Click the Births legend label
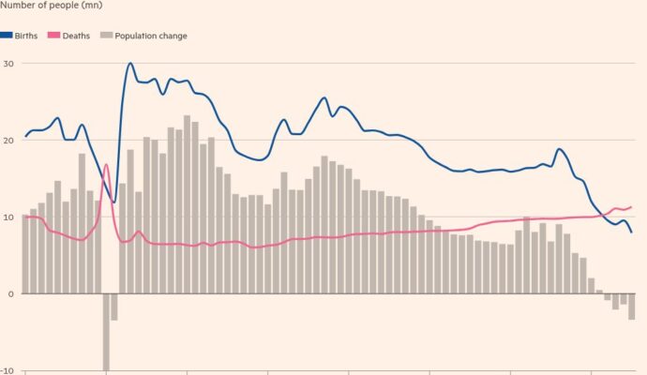point(26,36)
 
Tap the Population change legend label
point(150,36)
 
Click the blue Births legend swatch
point(7,36)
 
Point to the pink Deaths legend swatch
point(55,36)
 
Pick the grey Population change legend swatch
point(107,36)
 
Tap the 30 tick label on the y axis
point(8,63)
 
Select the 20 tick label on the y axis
point(8,140)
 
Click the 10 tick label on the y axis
point(8,217)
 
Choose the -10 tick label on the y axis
point(6,370)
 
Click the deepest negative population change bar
point(106,332)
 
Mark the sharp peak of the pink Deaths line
point(106,165)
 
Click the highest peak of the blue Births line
point(129,64)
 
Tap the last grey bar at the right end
point(632,307)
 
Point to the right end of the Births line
point(632,232)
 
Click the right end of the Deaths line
point(632,207)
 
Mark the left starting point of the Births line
point(24,137)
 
